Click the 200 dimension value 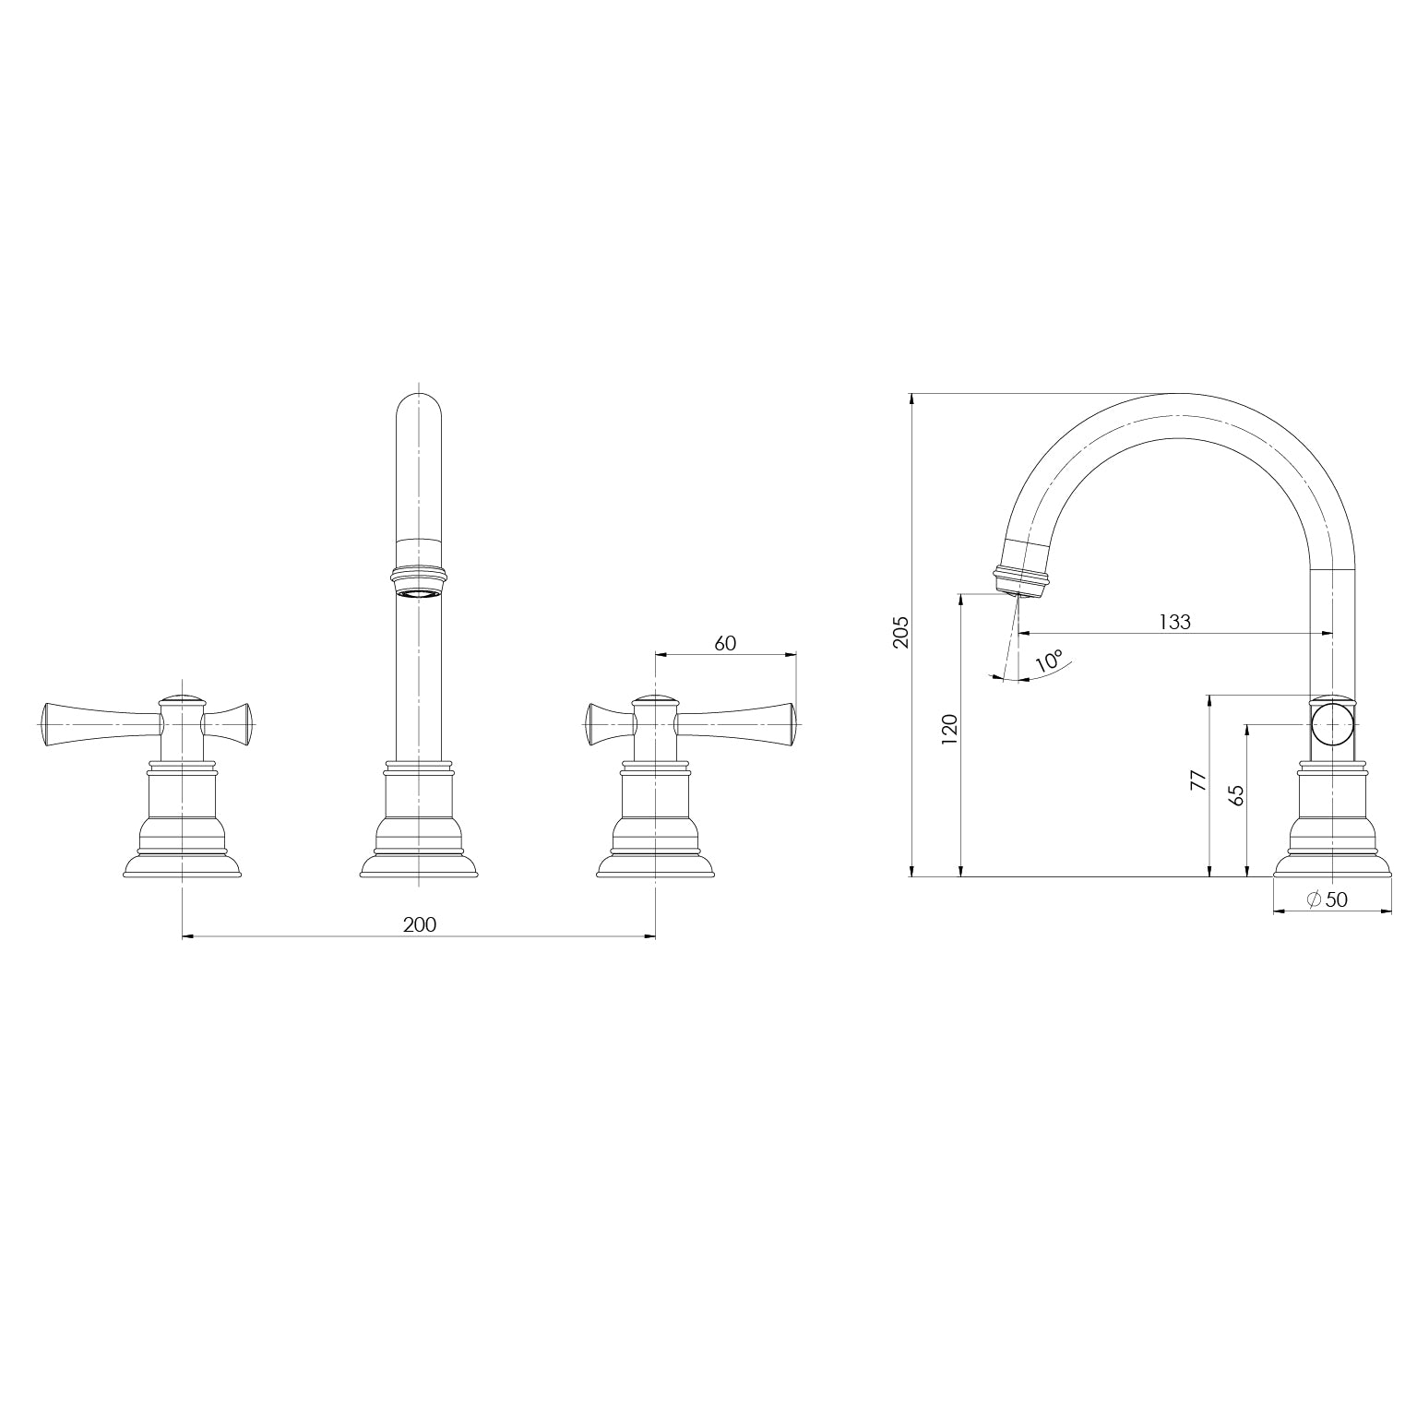click(x=419, y=924)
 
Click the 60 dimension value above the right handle click(x=725, y=643)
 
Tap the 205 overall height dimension click(x=901, y=632)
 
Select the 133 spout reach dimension click(x=1174, y=622)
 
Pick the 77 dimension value click(x=1197, y=780)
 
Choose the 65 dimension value click(x=1237, y=794)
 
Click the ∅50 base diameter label click(x=1328, y=899)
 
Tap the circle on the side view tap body click(x=1333, y=725)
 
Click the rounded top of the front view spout click(x=419, y=406)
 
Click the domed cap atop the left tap click(x=182, y=699)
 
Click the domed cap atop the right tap click(x=655, y=699)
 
